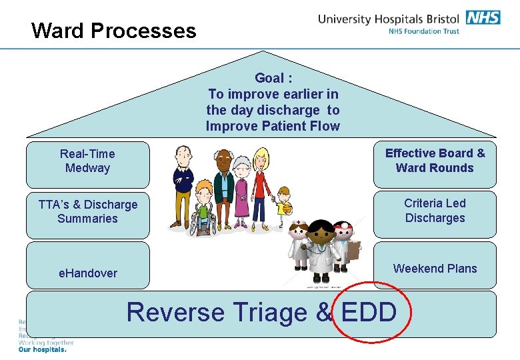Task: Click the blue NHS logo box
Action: [483, 17]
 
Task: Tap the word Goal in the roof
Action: [269, 78]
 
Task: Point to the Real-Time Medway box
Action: [87, 161]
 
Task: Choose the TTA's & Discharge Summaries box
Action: [87, 212]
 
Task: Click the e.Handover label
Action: [87, 273]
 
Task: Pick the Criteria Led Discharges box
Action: [435, 211]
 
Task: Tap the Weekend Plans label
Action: [435, 269]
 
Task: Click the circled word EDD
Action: [369, 312]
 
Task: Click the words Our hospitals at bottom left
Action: [42, 349]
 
